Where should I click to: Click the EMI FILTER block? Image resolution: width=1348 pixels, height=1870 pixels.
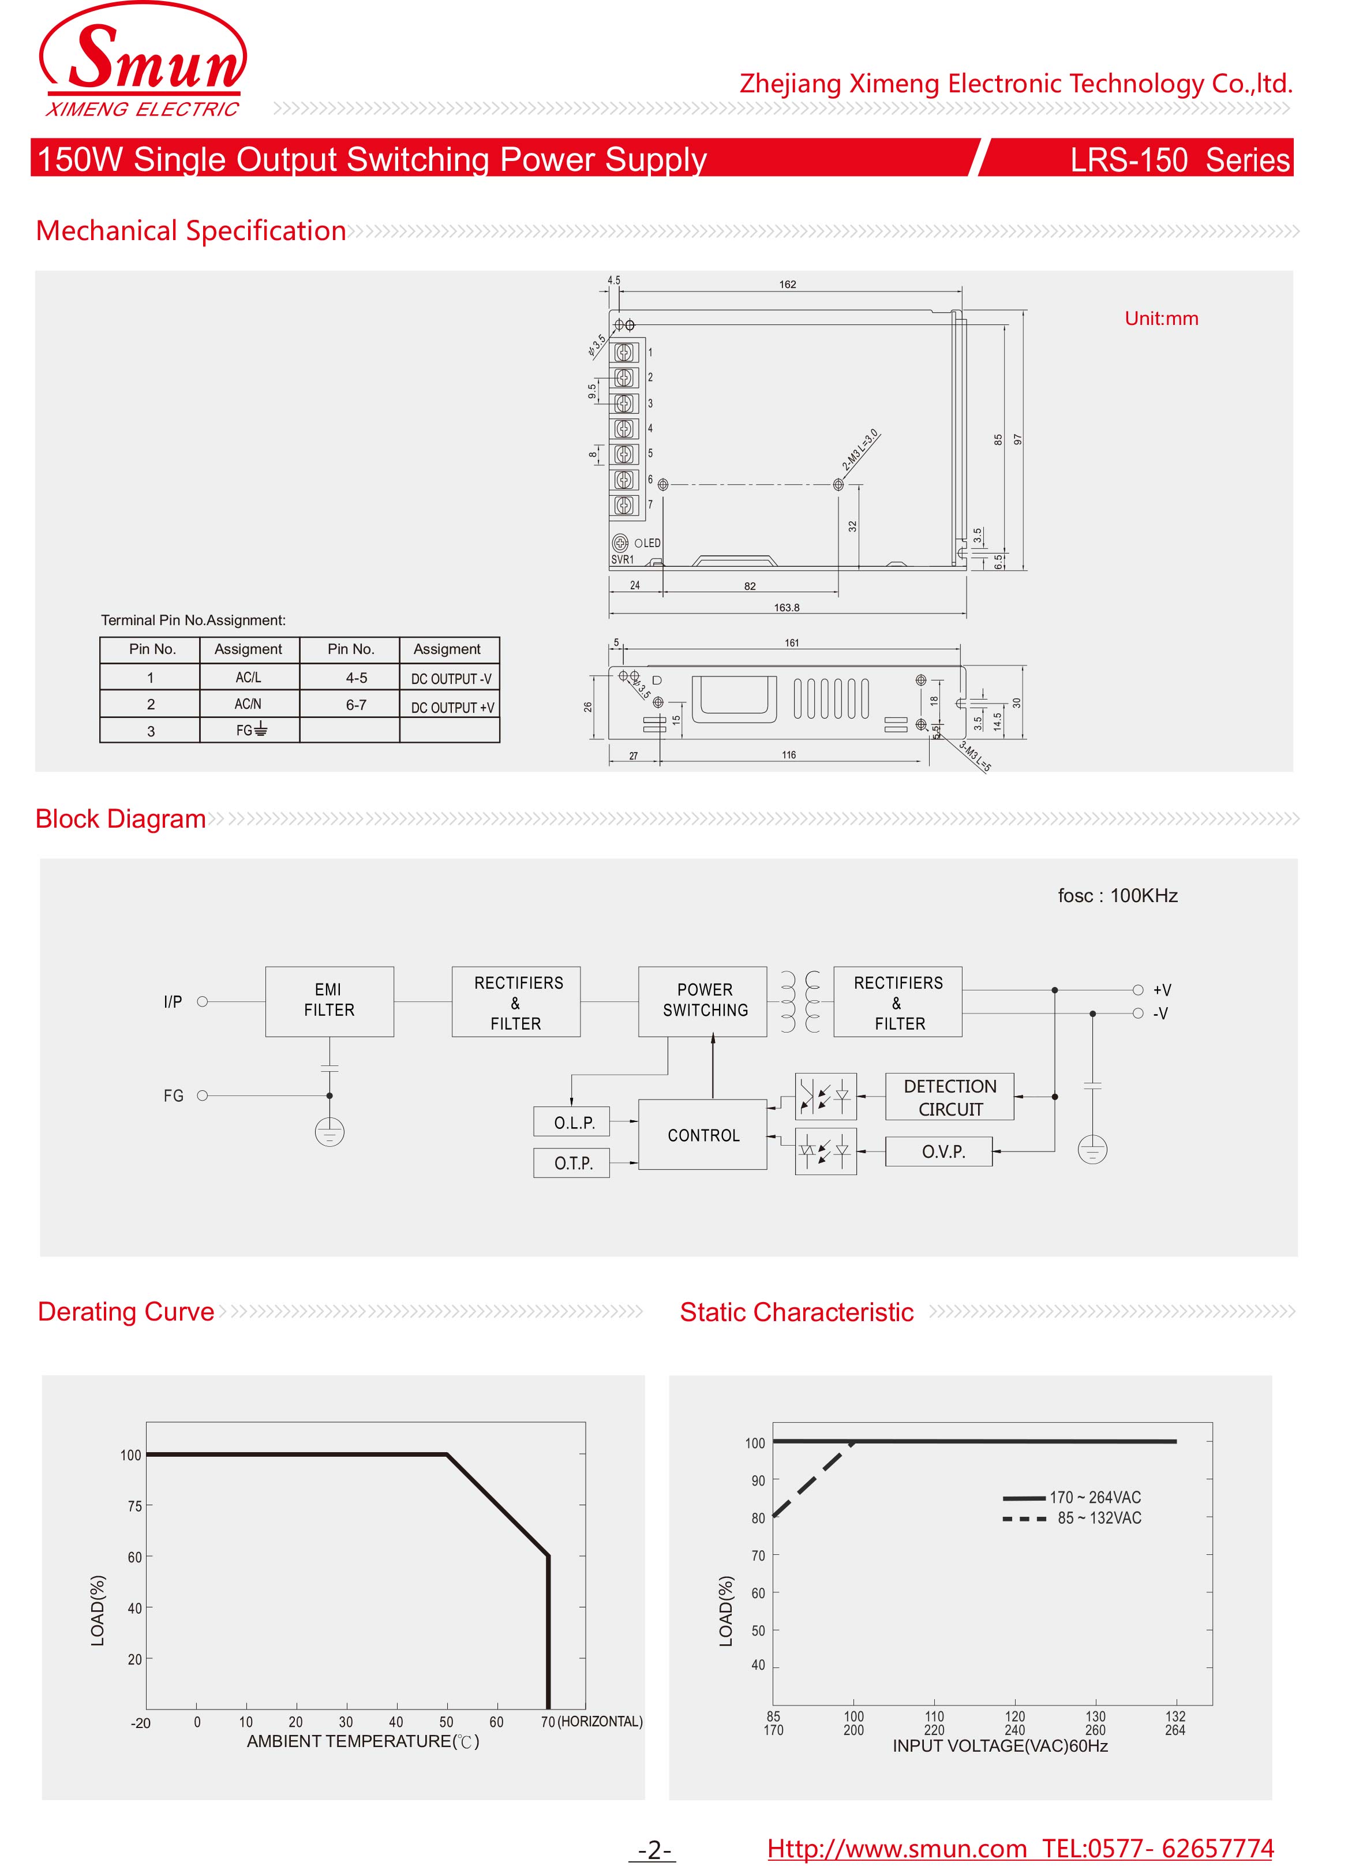(x=329, y=1000)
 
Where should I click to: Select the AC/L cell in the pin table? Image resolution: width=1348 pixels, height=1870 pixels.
(x=248, y=677)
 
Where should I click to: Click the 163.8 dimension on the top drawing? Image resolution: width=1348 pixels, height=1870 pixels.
(x=786, y=608)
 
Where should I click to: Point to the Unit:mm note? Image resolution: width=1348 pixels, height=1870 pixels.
(x=1161, y=319)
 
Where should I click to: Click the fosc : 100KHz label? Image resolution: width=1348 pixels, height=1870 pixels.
(x=1117, y=895)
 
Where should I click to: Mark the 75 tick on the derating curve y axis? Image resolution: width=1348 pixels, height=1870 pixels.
(x=134, y=1506)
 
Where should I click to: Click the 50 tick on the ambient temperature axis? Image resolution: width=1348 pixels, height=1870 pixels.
(x=446, y=1722)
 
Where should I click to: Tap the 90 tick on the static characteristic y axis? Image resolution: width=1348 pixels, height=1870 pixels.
(x=758, y=1480)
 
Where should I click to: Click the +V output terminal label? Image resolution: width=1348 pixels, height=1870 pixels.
(x=1162, y=989)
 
